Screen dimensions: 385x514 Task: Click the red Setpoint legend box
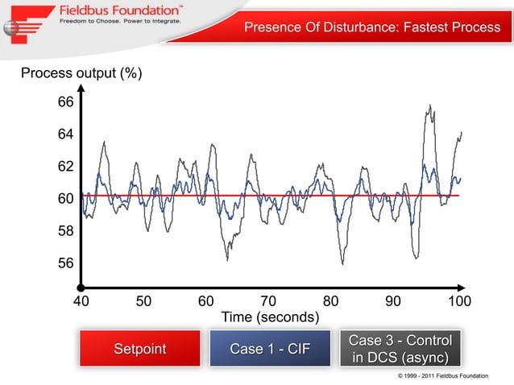(x=139, y=349)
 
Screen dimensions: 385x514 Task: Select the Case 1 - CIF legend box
(x=270, y=349)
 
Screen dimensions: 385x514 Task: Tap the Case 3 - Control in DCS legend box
(x=400, y=349)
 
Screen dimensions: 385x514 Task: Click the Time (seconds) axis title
(x=270, y=317)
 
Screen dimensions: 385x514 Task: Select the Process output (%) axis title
(x=81, y=74)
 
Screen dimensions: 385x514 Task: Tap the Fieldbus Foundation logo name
(x=120, y=11)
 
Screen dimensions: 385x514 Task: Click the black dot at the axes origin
(x=81, y=287)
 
